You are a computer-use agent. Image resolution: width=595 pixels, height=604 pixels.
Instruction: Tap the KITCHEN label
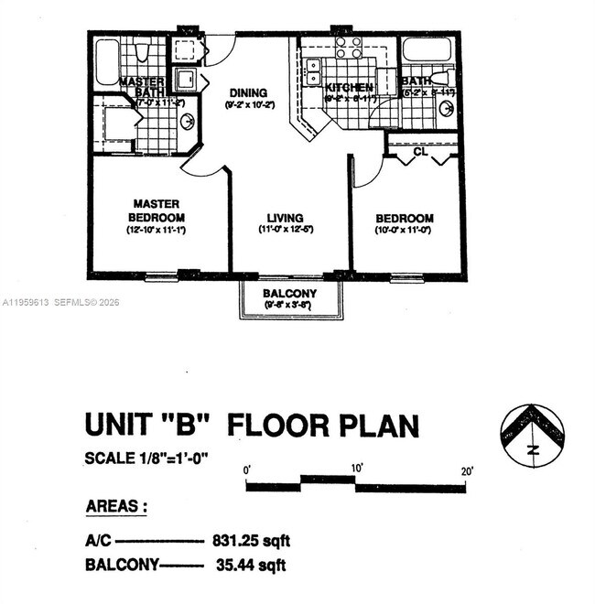point(349,87)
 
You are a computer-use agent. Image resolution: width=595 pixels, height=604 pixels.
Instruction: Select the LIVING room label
point(285,218)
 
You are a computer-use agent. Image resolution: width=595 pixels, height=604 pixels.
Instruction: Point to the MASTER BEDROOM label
point(157,210)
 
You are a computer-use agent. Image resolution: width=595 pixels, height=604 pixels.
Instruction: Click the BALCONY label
point(289,294)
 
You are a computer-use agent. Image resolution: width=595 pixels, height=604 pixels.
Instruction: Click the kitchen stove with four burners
point(348,48)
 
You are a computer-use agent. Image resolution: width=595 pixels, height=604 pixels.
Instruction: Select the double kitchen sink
point(313,71)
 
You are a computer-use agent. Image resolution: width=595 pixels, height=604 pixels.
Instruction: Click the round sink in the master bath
point(188,123)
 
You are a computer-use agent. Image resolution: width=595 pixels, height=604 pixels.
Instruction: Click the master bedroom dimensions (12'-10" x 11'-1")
point(156,231)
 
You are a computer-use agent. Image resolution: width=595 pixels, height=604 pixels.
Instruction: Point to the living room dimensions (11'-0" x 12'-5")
point(285,230)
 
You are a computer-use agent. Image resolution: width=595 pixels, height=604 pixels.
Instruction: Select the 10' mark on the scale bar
point(356,469)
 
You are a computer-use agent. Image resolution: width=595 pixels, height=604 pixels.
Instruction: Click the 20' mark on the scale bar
point(467,470)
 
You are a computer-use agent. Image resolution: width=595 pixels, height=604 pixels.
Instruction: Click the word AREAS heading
point(117,507)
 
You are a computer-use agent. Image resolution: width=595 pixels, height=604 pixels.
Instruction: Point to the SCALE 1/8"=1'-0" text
point(146,458)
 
